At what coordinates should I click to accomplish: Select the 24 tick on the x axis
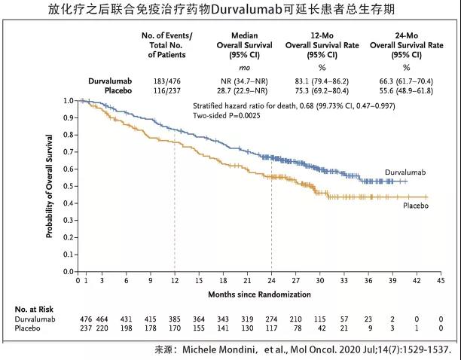tap(271, 279)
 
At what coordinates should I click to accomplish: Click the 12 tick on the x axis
tap(175, 279)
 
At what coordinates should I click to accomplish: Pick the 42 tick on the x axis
tap(416, 279)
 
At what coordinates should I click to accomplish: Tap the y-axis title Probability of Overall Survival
tap(50, 185)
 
